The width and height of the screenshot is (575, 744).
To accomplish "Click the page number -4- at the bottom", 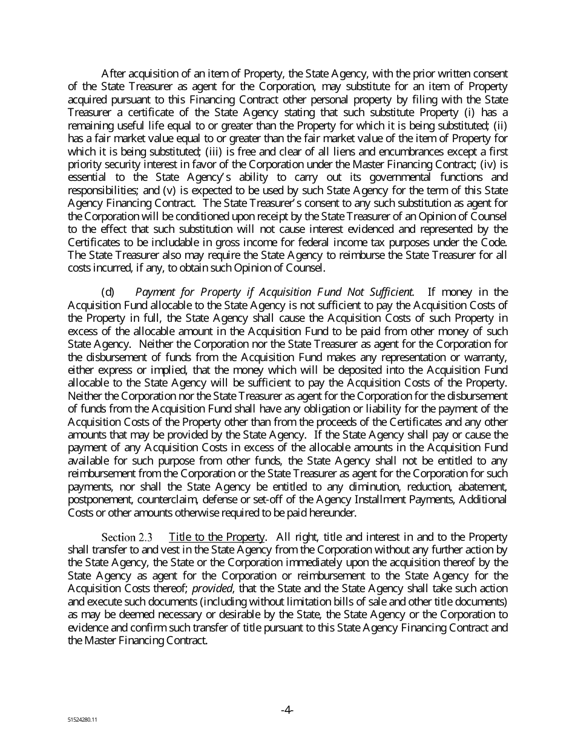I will (287, 710).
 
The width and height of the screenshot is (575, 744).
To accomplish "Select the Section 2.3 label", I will (127, 537).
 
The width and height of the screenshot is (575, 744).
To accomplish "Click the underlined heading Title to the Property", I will (217, 537).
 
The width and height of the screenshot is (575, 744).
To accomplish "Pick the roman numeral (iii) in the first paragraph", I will (137, 151).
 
